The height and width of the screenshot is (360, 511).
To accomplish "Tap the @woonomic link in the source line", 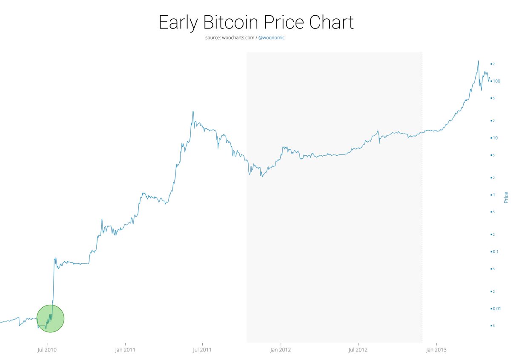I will coord(271,38).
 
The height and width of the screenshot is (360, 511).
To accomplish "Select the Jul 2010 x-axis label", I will coord(47,350).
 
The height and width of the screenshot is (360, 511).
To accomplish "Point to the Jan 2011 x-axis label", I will coord(126,350).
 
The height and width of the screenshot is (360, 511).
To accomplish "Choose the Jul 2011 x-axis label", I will coord(202,350).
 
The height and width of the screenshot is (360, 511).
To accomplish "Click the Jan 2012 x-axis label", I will coord(281,350).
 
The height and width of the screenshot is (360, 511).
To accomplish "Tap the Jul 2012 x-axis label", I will coord(358,350).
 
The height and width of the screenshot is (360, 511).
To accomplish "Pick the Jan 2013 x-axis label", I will coord(436,350).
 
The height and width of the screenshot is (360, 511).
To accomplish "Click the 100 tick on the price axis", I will coord(496,81).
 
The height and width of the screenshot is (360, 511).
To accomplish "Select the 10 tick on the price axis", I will coord(495,138).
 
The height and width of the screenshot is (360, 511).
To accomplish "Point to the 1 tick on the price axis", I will coord(494,195).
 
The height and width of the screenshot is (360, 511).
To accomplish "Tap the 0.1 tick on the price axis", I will coord(495,251).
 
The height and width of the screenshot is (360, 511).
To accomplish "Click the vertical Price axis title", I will coord(506,197).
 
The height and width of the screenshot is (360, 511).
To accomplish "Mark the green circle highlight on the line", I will coord(50,318).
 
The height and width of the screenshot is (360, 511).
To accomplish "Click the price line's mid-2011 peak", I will coord(193,112).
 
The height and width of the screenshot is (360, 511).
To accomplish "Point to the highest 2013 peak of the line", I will coord(478,61).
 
